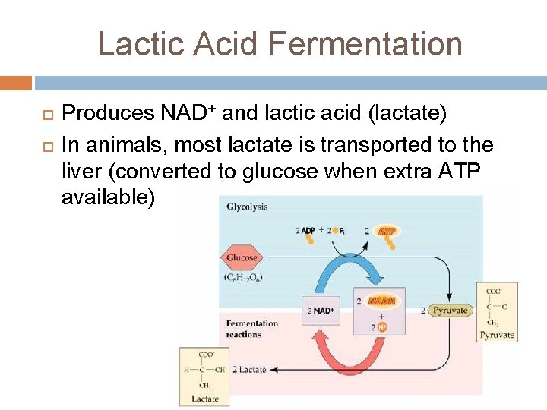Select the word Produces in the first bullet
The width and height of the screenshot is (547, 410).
point(108,114)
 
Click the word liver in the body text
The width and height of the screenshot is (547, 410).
point(82,172)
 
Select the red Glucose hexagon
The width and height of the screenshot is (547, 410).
point(241,258)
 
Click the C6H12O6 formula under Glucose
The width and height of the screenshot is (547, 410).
point(242,277)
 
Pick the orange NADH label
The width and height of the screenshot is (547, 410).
point(381,301)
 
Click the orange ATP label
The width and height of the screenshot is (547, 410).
point(387,231)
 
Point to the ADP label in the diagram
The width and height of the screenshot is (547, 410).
point(308,230)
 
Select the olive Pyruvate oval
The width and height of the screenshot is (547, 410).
point(449,310)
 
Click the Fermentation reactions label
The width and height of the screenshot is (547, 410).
point(251,329)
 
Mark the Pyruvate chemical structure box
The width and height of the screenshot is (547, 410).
point(497,312)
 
